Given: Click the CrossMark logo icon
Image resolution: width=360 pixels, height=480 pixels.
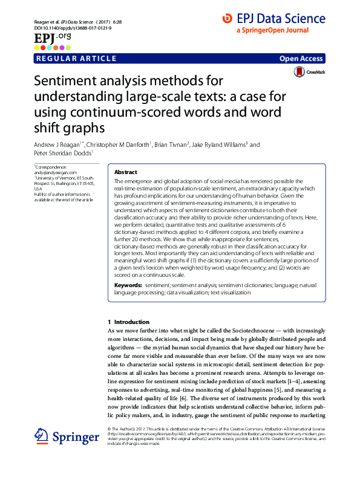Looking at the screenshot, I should tap(299, 72).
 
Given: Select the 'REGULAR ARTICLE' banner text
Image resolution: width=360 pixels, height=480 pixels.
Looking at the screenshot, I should tap(76, 59).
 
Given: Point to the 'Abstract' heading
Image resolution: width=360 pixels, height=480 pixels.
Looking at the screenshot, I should tap(125, 172).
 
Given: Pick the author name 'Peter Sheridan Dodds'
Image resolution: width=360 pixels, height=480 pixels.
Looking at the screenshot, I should tap(64, 154).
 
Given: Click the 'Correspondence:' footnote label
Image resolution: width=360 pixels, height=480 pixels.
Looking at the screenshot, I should tap(51, 166).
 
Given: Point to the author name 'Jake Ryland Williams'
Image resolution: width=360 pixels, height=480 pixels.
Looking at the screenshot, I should tap(223, 145).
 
